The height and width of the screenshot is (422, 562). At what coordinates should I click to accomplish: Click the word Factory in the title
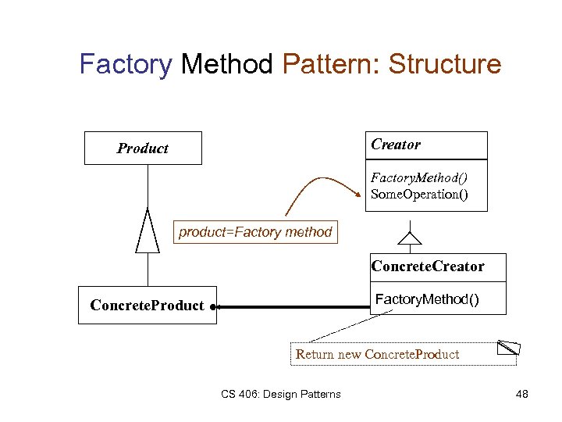pos(125,64)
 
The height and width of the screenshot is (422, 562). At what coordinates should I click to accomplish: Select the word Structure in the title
pos(445,64)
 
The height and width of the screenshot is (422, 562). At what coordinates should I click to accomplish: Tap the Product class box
pos(143,148)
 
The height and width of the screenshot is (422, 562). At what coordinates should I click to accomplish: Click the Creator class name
pos(396,145)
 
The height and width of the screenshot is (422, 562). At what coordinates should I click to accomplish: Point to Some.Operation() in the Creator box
pos(419,194)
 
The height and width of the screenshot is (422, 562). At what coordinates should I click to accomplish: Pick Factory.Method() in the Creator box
pos(419,179)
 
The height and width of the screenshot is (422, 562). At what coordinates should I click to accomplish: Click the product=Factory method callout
pos(255,232)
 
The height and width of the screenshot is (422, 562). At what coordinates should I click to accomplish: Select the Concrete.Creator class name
pos(428,266)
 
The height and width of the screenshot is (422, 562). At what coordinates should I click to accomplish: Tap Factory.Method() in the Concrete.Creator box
pos(428,299)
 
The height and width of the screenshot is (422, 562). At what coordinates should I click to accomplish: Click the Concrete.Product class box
pos(147,306)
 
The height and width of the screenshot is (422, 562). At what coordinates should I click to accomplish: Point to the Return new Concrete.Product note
pos(377,355)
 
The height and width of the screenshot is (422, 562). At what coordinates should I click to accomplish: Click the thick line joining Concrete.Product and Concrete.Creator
pos(293,308)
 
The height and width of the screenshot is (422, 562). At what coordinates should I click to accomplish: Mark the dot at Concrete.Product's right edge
pos(213,308)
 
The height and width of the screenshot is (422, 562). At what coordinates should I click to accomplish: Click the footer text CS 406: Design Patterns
pos(279,394)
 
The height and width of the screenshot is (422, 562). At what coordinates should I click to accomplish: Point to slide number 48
pos(522,394)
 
